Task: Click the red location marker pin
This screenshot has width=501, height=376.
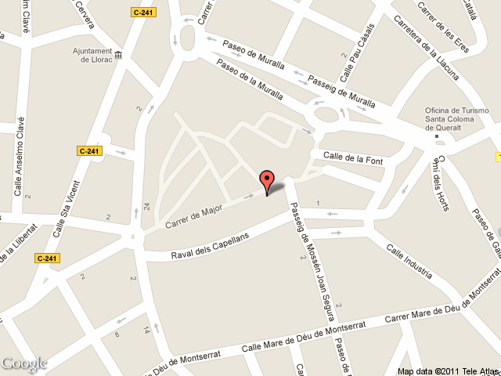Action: pyautogui.click(x=267, y=181)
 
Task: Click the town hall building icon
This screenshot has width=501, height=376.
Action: pyautogui.click(x=118, y=55)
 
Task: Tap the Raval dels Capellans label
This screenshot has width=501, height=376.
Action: pyautogui.click(x=209, y=246)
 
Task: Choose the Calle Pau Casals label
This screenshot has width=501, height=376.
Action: pyautogui.click(x=357, y=53)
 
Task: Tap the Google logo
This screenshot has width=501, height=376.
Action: pyautogui.click(x=24, y=363)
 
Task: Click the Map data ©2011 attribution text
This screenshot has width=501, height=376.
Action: pyautogui.click(x=447, y=371)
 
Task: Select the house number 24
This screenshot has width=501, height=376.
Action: pyautogui.click(x=146, y=207)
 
